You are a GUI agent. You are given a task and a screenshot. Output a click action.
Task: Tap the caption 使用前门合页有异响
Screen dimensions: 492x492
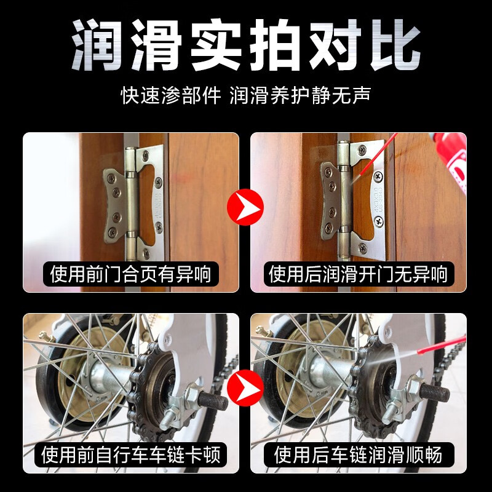130,273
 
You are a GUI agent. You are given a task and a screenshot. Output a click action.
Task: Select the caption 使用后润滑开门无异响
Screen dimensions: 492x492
358,273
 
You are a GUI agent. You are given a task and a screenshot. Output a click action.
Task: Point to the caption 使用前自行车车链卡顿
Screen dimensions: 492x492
130,455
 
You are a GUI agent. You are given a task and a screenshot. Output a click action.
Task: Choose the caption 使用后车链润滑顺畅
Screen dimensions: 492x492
358,455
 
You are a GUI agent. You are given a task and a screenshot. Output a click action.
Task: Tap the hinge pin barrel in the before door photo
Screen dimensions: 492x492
130,203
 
